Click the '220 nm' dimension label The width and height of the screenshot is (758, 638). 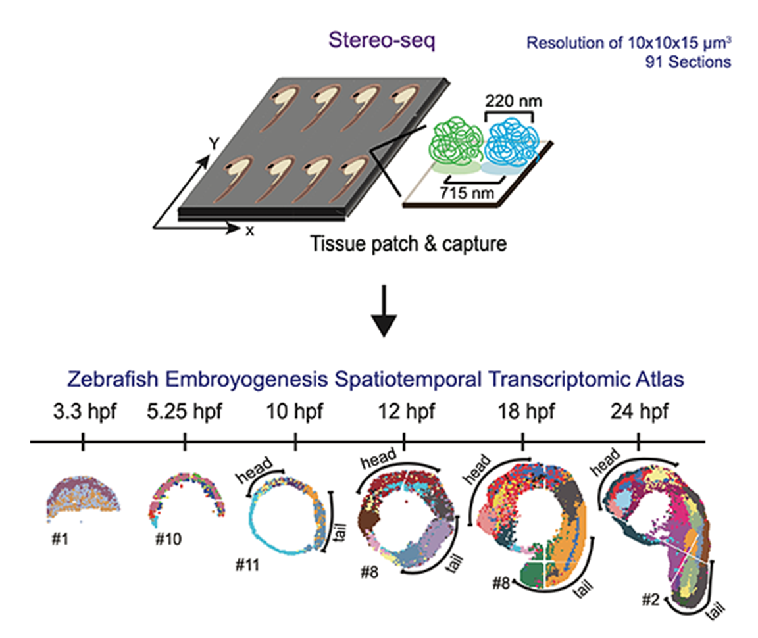tap(509, 103)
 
